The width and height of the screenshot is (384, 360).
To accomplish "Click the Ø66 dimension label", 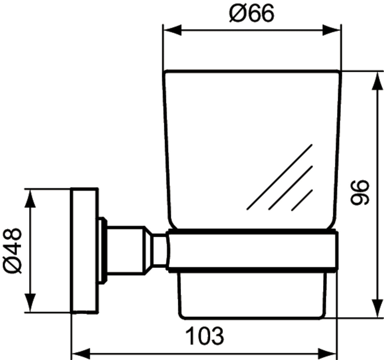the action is [x=252, y=13].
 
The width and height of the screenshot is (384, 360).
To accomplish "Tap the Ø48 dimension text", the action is [x=12, y=251].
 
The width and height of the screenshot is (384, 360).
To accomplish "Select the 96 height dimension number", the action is [x=360, y=192].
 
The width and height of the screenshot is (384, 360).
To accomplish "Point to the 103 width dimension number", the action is [x=204, y=336].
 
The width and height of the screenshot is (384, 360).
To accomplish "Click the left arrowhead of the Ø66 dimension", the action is [x=172, y=30].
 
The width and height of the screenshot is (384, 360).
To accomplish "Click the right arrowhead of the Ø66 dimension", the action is [x=331, y=30].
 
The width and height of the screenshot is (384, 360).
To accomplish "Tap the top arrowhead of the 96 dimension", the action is [x=377, y=81].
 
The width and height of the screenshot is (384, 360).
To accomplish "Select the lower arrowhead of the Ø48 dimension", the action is [x=30, y=303].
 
